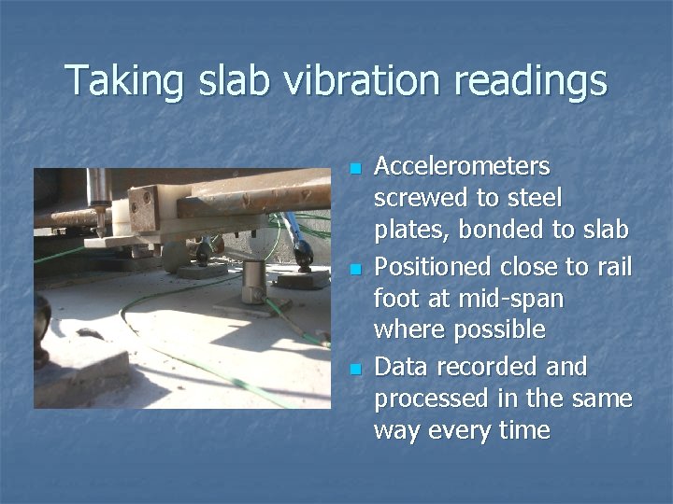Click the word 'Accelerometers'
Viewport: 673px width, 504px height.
pyautogui.click(x=462, y=166)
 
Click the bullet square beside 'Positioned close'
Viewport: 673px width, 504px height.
pyautogui.click(x=354, y=270)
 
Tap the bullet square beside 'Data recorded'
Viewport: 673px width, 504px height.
pyautogui.click(x=354, y=370)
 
